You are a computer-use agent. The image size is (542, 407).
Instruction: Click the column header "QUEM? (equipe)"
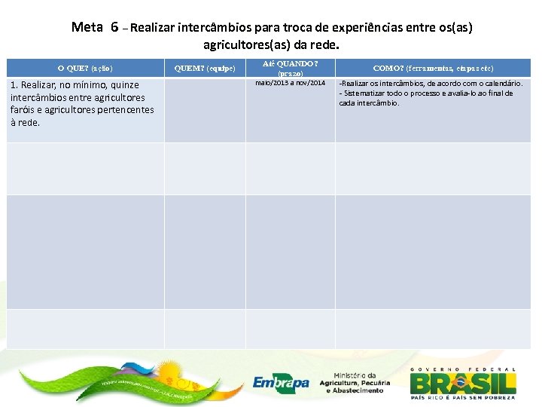pyautogui.click(x=205, y=68)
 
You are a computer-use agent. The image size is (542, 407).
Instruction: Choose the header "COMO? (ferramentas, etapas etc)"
pyautogui.click(x=433, y=68)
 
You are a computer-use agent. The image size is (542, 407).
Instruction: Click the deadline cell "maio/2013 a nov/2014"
pyautogui.click(x=291, y=82)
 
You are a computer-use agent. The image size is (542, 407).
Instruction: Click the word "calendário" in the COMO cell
pyautogui.click(x=501, y=83)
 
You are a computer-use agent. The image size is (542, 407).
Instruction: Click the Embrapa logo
pyautogui.click(x=281, y=383)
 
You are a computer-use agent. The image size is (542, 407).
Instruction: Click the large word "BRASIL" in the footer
pyautogui.click(x=463, y=382)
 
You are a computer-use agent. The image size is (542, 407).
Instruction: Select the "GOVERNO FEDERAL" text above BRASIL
pyautogui.click(x=463, y=369)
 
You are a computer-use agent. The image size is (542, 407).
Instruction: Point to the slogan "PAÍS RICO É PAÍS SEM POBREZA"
pyautogui.click(x=463, y=396)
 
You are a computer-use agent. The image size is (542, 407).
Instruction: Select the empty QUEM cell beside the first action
pyautogui.click(x=205, y=109)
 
